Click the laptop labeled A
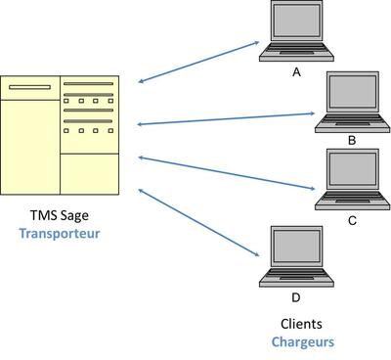pos(296,31)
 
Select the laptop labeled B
pos(353,102)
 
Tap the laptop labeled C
pos(353,179)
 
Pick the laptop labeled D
pos(296,256)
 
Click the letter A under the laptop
pos(296,72)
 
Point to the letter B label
pos(352,141)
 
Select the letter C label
pos(352,221)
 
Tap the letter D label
pos(296,297)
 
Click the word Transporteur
pos(60,234)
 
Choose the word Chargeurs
pos(303,342)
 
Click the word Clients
pos(301,324)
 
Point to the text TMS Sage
pos(60,215)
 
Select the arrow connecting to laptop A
pos(198,62)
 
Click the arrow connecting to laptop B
pos(226,118)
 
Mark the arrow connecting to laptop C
pos(227,173)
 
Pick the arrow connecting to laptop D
pos(198,222)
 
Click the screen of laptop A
pos(296,21)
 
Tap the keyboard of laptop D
pos(296,276)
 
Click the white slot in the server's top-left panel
pos(30,87)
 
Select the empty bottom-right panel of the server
pos(90,174)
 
